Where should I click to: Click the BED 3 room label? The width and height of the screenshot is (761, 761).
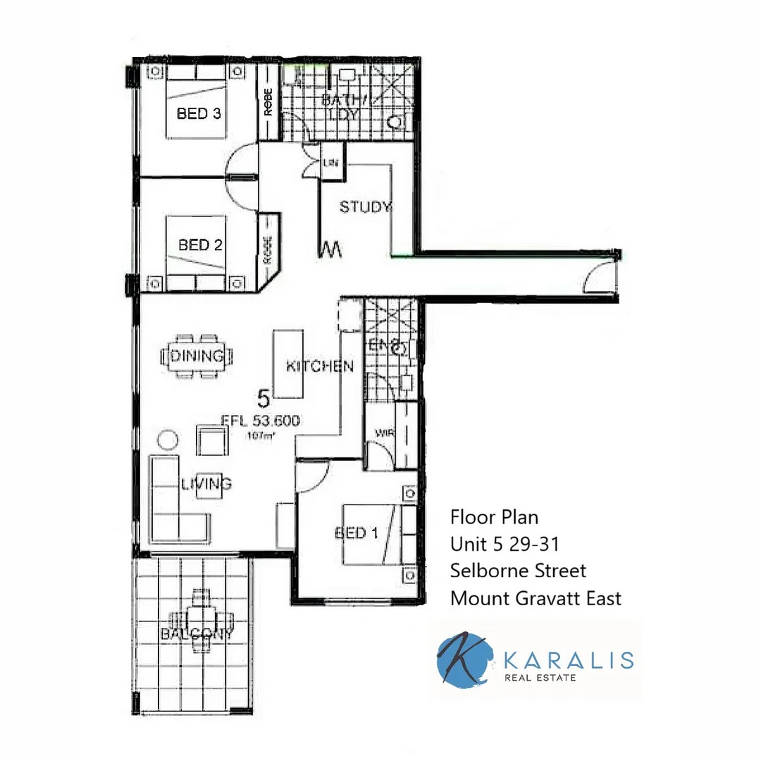coord(199,113)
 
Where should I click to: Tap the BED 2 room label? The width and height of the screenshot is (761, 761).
coord(200,245)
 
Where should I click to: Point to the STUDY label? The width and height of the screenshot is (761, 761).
coord(365,207)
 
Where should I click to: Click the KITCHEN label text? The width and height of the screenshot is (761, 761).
coord(319,366)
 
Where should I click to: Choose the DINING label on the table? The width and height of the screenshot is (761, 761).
coord(197,356)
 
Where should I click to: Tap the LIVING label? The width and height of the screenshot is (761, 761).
coord(206,484)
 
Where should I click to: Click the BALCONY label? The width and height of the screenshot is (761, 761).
coord(197,633)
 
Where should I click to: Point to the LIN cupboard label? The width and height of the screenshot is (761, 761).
coord(331,163)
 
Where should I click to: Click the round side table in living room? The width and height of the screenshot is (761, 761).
coord(168,440)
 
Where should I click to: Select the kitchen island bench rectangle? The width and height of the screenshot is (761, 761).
coord(290,364)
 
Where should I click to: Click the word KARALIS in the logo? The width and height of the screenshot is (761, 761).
coord(570,660)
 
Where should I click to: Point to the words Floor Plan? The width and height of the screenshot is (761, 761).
coord(494,517)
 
